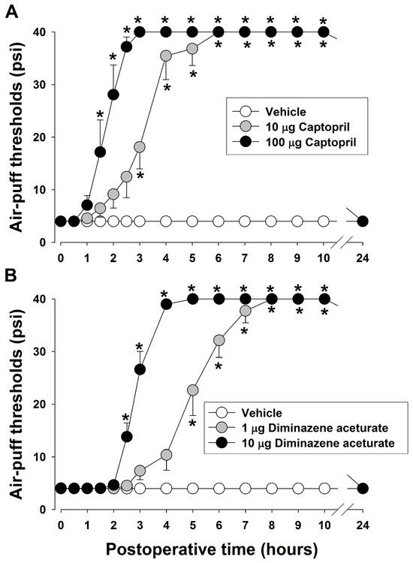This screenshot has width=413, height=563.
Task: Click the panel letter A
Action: tap(13, 13)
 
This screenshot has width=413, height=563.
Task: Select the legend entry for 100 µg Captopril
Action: tap(295, 142)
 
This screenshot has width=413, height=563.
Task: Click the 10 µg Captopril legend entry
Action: tap(291, 127)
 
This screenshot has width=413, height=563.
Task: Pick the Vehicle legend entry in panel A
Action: tap(270, 111)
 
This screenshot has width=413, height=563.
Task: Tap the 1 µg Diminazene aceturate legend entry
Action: tap(300, 428)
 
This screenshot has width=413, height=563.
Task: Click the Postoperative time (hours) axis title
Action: tap(212, 549)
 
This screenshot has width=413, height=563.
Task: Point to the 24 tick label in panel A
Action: tap(363, 257)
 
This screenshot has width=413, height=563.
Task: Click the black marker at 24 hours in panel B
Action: tap(363, 489)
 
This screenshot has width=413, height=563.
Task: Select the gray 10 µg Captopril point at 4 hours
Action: tap(166, 56)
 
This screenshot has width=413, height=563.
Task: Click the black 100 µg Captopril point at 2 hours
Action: tap(113, 95)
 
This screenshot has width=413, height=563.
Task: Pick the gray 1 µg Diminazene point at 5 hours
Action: tap(192, 390)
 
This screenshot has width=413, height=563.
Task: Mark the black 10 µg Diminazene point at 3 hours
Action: tap(140, 369)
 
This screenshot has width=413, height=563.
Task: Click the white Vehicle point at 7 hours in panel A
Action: tap(245, 221)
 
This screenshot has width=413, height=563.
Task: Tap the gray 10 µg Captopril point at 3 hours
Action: tap(140, 147)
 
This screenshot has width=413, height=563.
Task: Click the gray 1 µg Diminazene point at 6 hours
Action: tap(219, 340)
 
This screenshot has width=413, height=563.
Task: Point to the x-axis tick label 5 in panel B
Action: tap(192, 525)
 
